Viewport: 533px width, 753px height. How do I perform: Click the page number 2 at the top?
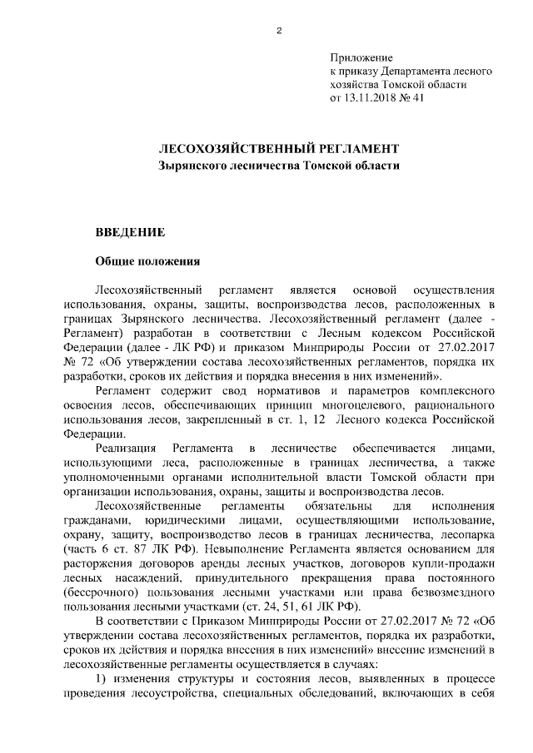[279, 32]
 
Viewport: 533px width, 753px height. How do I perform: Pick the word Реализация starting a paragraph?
[129, 448]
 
